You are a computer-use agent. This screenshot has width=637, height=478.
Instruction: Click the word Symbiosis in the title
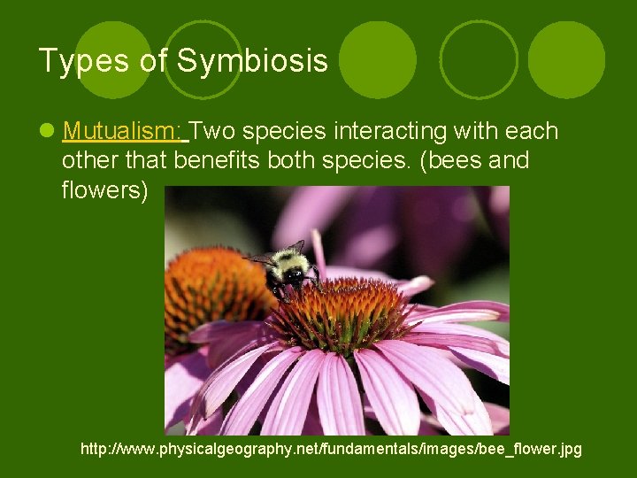click(252, 61)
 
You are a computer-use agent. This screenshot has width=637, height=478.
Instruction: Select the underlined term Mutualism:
click(122, 132)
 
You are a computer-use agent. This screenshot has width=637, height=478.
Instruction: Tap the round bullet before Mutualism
click(46, 133)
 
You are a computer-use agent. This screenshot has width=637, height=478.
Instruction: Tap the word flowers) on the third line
click(105, 190)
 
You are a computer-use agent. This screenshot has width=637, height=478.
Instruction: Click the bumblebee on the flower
click(288, 270)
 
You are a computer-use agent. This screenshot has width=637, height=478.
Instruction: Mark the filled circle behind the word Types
click(113, 59)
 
